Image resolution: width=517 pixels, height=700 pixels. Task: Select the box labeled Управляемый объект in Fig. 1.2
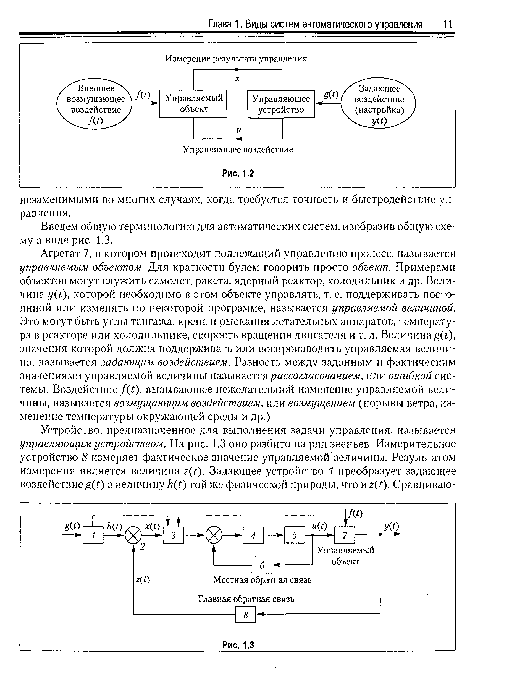point(193,104)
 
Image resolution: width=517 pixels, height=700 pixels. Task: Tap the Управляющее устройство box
point(281,104)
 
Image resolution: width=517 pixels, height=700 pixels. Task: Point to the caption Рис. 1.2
point(238,173)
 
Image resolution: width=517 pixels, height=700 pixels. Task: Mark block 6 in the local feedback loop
point(262,565)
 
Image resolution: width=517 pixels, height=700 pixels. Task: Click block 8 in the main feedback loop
point(246,615)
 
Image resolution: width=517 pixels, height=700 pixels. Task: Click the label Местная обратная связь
point(262,580)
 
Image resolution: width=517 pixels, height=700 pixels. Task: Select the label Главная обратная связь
point(246,599)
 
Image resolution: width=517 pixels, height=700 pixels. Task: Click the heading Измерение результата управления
point(236,59)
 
